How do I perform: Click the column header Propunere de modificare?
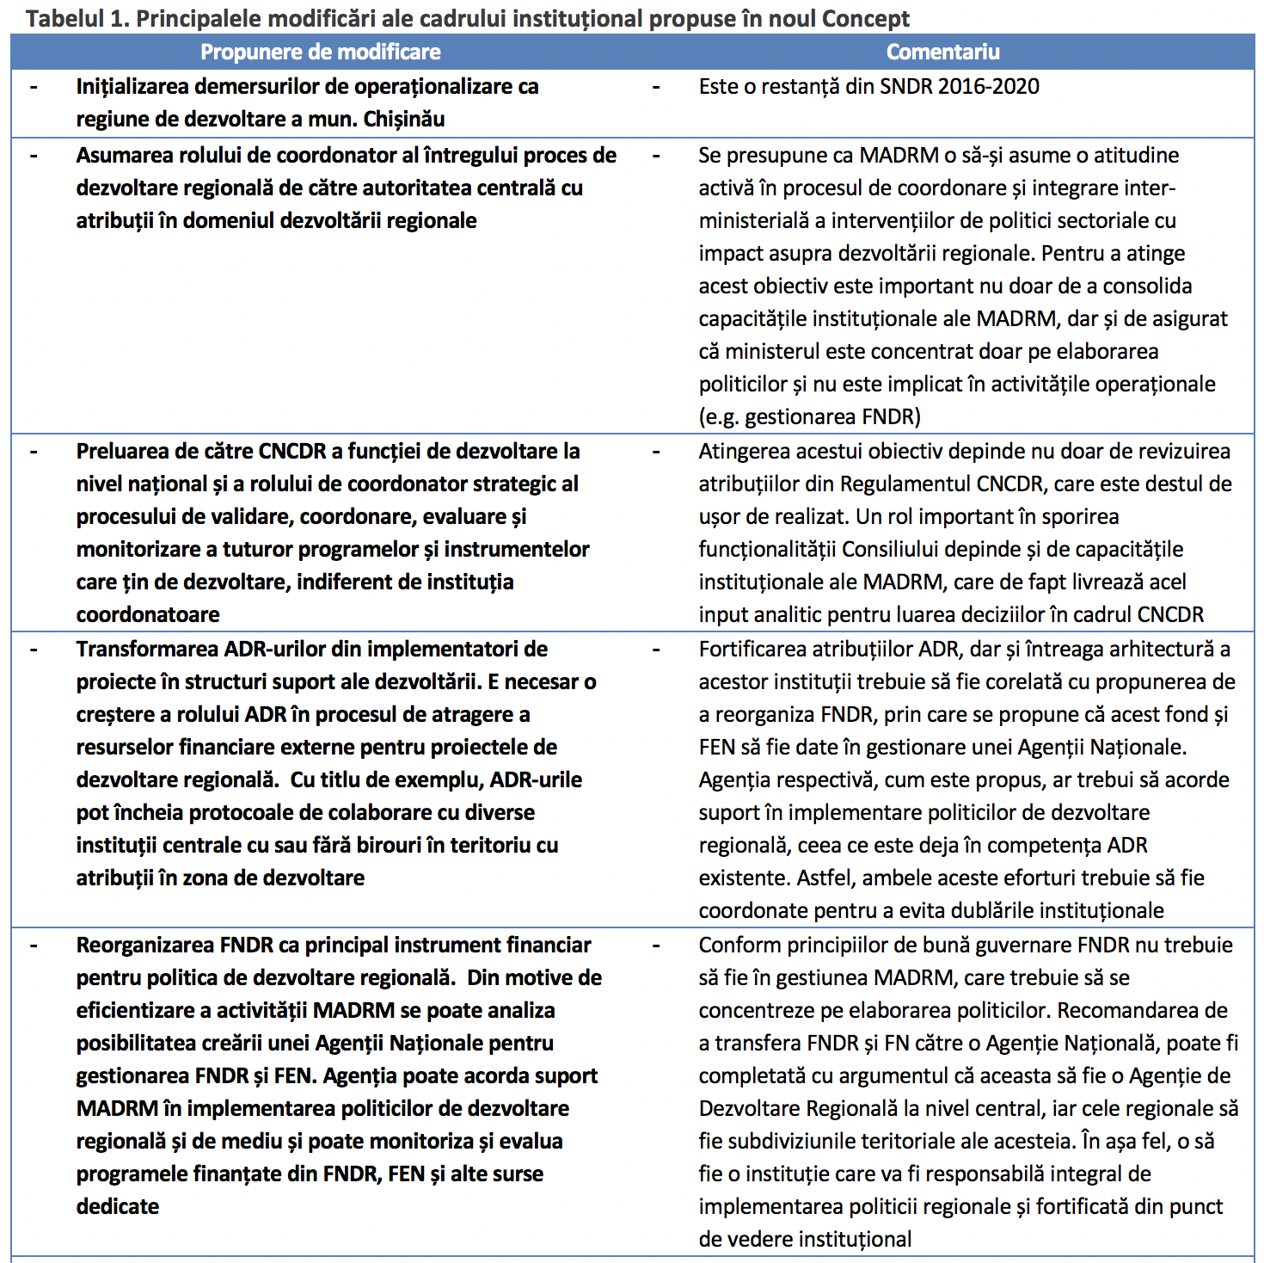click(320, 52)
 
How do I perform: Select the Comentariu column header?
click(942, 52)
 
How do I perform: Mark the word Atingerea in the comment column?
click(744, 451)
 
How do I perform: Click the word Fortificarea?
click(752, 649)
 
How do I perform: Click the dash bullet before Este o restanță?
click(656, 86)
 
